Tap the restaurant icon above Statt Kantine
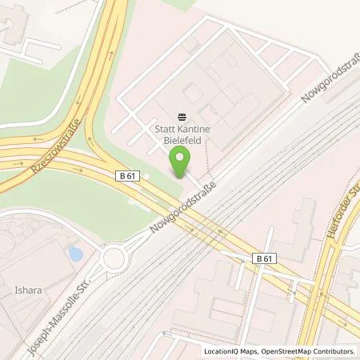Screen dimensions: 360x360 (181, 115)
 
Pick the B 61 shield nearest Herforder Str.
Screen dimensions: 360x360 (266, 258)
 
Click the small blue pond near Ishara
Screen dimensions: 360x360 (75, 254)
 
